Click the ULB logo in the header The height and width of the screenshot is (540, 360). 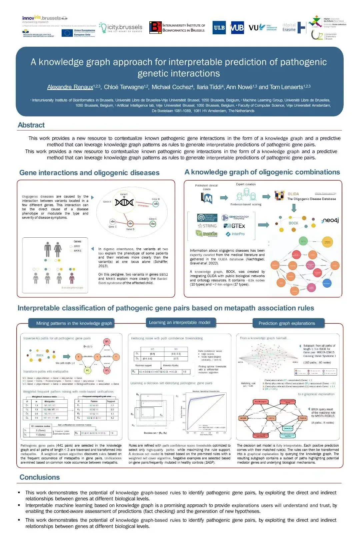(219, 28)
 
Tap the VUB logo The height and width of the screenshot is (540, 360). (237, 28)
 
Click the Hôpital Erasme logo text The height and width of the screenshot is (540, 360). (289, 27)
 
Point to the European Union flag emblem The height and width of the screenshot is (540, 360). (67, 33)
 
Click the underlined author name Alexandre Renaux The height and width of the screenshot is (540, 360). (70, 87)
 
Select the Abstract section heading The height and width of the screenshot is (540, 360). (31, 125)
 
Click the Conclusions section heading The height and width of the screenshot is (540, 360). (39, 477)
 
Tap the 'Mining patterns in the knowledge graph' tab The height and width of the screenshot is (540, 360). (74, 323)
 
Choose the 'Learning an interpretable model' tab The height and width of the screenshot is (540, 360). (180, 322)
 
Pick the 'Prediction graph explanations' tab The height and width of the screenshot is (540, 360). (287, 323)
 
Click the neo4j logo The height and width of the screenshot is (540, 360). (330, 220)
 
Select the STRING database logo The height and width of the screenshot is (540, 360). (207, 226)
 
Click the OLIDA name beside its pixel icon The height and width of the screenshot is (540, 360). (293, 194)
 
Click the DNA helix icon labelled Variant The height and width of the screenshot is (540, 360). (124, 202)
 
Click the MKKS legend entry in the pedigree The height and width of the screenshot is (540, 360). (77, 251)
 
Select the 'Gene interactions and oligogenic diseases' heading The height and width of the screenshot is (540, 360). (89, 173)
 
